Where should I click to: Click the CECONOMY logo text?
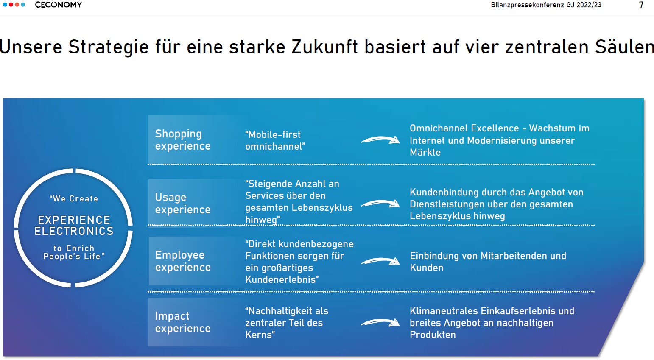pyautogui.click(x=59, y=5)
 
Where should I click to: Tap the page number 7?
pyautogui.click(x=641, y=5)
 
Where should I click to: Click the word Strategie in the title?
pyautogui.click(x=109, y=47)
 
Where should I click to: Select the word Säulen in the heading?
pyautogui.click(x=624, y=47)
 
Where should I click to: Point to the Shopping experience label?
pyautogui.click(x=183, y=140)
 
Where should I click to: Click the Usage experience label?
pyautogui.click(x=183, y=203)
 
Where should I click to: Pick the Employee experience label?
pyautogui.click(x=183, y=261)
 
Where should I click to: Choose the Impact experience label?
pyautogui.click(x=183, y=322)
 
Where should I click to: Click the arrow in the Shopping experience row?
pyautogui.click(x=380, y=140)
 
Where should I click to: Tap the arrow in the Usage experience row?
pyautogui.click(x=380, y=203)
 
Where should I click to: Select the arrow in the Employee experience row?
pyautogui.click(x=380, y=261)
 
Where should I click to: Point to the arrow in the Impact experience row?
pyautogui.click(x=380, y=322)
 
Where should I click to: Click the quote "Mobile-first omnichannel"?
pyautogui.click(x=275, y=140)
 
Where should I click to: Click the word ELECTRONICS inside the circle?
pyautogui.click(x=74, y=231)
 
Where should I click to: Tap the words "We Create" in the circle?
pyautogui.click(x=73, y=198)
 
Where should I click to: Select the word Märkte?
pyautogui.click(x=425, y=152)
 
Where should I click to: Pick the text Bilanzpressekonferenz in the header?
pyautogui.click(x=527, y=5)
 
